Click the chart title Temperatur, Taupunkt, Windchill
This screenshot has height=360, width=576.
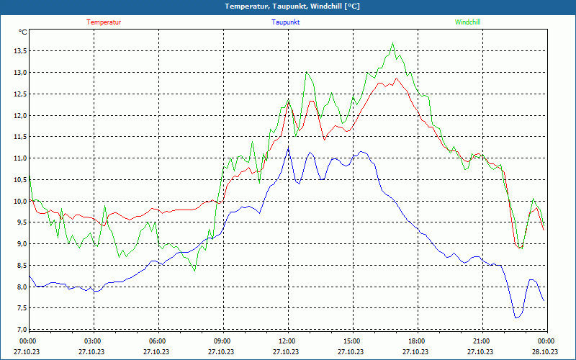point(292,6)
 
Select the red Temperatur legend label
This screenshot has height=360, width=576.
point(104,22)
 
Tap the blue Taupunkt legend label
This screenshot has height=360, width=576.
point(286,22)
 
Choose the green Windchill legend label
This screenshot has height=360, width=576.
point(468,22)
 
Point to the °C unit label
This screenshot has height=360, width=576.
point(23,32)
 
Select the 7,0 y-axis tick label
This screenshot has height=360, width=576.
point(20,330)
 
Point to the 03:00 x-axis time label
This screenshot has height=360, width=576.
point(93,341)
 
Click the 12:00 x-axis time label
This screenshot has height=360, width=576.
point(287,341)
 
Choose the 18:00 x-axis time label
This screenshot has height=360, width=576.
point(417,341)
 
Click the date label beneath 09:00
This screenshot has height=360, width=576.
point(222,352)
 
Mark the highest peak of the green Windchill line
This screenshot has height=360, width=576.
point(393,43)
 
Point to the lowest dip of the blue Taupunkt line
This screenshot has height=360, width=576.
point(516,318)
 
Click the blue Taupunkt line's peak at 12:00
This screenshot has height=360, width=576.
point(288,148)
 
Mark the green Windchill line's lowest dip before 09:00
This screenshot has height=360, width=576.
point(194,271)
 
